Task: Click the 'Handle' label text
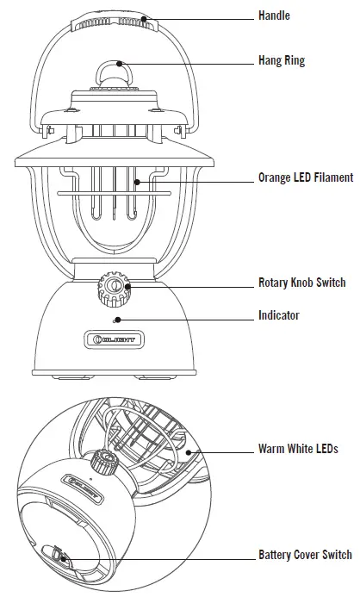point(274,16)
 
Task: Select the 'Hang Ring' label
point(281,61)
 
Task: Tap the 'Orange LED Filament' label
point(306,178)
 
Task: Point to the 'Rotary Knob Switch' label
point(301,283)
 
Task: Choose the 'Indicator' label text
point(279,315)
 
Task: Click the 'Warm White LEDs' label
point(298,449)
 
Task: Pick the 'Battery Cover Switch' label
point(305,555)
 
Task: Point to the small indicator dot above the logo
point(114,320)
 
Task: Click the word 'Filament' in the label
point(332,178)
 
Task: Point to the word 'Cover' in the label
point(307,555)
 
